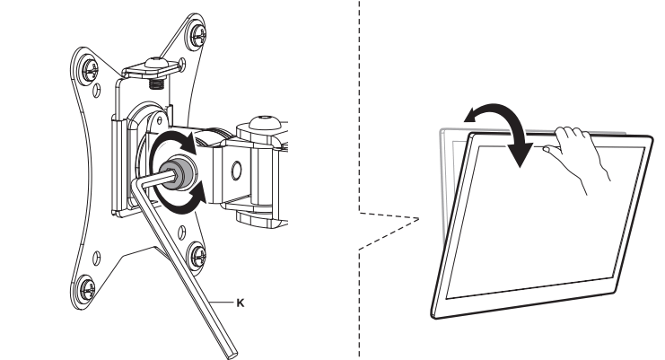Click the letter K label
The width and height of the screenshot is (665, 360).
pos(239,304)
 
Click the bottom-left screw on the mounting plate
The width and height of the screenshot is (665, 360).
pos(87,289)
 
